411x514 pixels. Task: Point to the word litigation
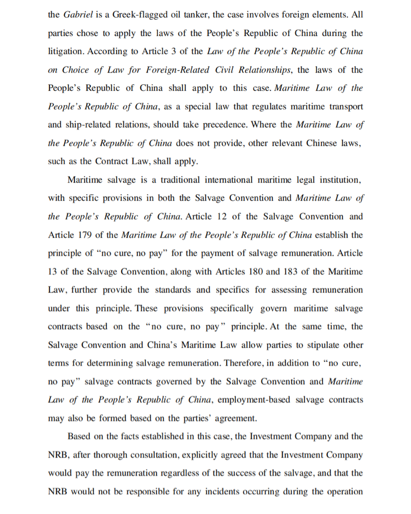pyautogui.click(x=67, y=51)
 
